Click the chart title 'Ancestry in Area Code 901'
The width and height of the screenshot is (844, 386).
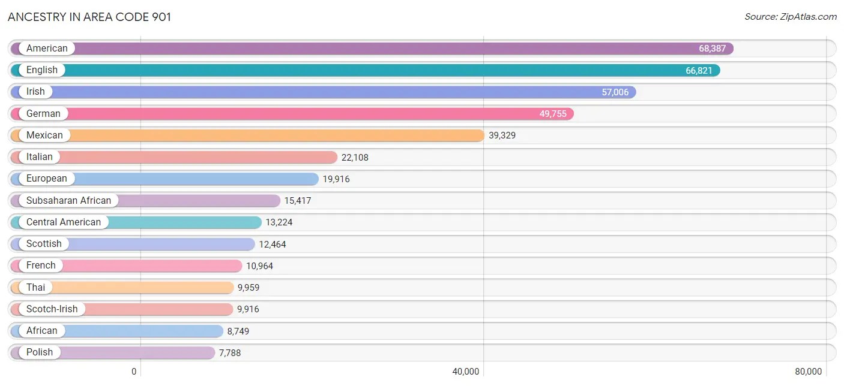[x=89, y=17]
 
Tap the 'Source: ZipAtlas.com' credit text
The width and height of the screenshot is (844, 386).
[x=790, y=17]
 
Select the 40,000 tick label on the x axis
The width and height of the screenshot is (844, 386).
[x=465, y=372]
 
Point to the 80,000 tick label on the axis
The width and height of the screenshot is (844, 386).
[x=808, y=372]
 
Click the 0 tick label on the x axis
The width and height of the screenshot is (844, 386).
[x=134, y=372]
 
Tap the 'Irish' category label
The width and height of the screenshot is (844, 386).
[x=35, y=92]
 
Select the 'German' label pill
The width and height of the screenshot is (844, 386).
[x=43, y=113]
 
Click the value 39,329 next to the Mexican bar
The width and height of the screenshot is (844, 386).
[x=502, y=135]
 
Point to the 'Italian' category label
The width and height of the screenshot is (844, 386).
[x=40, y=157]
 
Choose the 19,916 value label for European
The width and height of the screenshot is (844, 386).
[x=336, y=179]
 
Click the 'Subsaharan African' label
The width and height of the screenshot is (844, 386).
[x=68, y=200]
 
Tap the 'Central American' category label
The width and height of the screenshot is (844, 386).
[x=64, y=222]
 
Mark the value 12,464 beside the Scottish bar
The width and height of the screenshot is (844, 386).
[x=273, y=244]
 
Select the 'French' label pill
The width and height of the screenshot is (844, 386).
[x=41, y=266]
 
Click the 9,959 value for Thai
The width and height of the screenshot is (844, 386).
[x=249, y=288]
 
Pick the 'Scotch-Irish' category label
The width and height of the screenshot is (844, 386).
[x=52, y=309]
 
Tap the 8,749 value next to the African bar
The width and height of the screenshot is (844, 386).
[x=238, y=331]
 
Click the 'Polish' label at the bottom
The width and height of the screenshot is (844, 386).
[x=40, y=352]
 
